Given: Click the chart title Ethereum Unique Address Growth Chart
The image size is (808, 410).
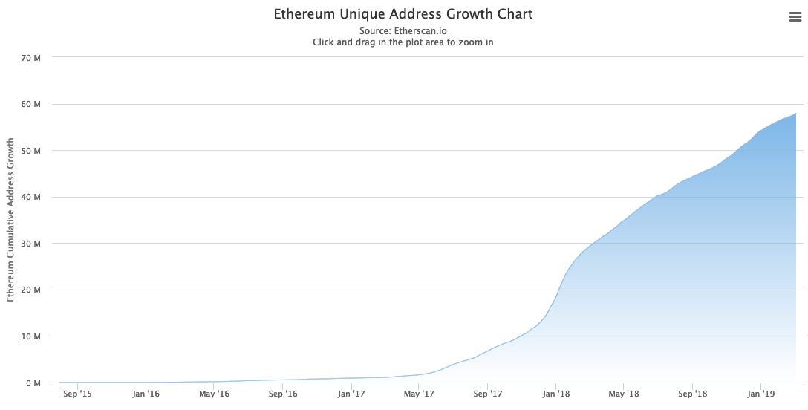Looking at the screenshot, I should coord(403,14).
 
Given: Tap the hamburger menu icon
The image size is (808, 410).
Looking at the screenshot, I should coord(795,17).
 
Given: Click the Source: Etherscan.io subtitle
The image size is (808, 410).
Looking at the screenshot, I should coord(403,31).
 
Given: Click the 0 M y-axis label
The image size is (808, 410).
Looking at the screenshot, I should coord(33,383).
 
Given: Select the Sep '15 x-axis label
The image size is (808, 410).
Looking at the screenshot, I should coord(77,394).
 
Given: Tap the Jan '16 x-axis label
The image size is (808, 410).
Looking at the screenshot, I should coord(146,394).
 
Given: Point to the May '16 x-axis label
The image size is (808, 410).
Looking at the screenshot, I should coord(214,394).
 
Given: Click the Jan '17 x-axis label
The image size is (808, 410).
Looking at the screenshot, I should coord(351,394).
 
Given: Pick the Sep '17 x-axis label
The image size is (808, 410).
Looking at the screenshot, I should coord(487,394).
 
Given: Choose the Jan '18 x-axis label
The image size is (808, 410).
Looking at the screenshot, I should coord(555,394).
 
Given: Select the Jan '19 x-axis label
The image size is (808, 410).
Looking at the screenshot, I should coord(760,394).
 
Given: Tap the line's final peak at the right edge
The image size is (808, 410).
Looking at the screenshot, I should coord(795,114).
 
